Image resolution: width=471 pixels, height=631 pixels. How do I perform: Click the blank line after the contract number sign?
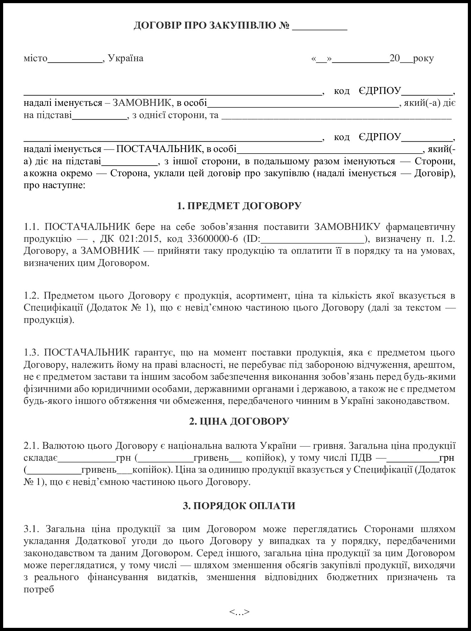pos(319,26)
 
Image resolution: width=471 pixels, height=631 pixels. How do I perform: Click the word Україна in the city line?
pos(126,58)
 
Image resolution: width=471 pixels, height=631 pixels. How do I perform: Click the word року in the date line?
pos(424,58)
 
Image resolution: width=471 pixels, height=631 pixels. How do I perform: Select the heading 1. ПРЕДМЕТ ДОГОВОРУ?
pos(239,206)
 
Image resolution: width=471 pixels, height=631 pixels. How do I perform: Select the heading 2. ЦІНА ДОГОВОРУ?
pos(239,422)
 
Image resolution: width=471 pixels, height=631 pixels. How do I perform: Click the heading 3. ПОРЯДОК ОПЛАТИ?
pos(239,506)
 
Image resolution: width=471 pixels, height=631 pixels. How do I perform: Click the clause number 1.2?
pos(32,296)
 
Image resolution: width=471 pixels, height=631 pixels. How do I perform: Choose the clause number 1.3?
pos(32,353)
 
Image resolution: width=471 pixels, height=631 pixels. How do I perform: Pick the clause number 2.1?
pos(31,446)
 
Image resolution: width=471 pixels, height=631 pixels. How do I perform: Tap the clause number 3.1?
pos(32,530)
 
